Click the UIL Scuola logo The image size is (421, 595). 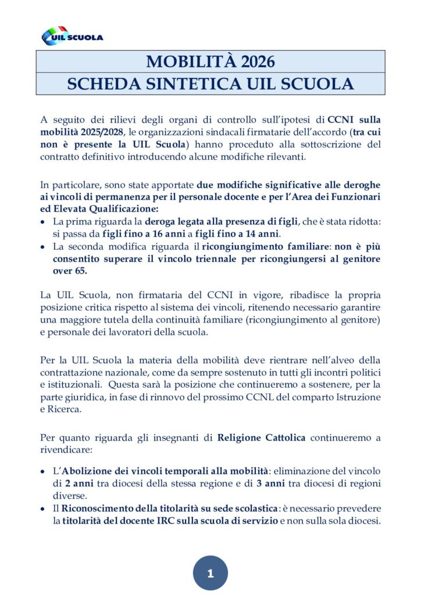(72, 36)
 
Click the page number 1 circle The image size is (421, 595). (210, 573)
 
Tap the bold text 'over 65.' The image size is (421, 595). (72, 271)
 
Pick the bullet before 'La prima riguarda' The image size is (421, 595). (44, 222)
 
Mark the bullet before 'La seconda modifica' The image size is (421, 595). (44, 246)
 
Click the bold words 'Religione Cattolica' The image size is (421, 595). (261, 438)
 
